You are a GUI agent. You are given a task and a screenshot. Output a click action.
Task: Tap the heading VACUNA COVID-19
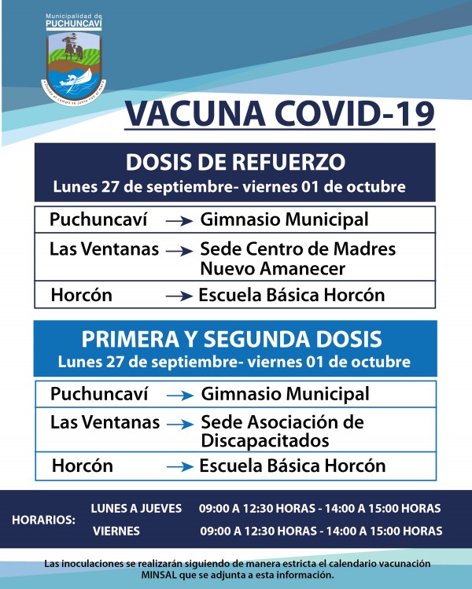279,113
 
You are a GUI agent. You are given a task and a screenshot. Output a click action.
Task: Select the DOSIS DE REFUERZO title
236,163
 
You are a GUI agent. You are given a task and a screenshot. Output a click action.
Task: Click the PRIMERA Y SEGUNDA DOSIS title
233,339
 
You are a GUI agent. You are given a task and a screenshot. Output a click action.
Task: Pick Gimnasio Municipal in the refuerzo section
284,219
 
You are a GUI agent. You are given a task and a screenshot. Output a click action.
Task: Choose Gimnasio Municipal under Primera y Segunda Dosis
285,393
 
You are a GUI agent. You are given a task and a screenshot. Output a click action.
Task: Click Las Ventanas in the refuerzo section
104,249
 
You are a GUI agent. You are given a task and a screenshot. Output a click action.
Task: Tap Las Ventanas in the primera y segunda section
105,422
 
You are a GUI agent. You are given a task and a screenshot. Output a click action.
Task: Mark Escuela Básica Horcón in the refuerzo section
292,296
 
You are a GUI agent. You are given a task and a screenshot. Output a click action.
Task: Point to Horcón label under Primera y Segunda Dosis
82,466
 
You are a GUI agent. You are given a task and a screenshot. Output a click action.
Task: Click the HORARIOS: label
44,520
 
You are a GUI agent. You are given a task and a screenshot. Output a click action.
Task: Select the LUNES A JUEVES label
136,508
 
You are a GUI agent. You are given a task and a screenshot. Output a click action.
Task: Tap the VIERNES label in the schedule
116,531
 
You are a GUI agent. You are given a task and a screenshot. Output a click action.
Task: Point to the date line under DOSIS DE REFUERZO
229,187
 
